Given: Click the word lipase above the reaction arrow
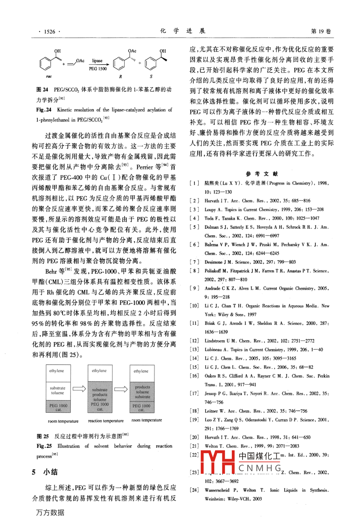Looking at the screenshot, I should (x=98, y=61).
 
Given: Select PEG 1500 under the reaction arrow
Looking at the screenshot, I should (x=98, y=69).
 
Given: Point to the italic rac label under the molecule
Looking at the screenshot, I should (x=49, y=76).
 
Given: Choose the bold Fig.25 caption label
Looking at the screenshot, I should (x=44, y=446).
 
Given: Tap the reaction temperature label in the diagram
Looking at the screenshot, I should (x=106, y=420).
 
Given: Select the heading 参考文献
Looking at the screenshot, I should (x=262, y=174).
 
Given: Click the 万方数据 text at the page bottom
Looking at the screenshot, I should (x=50, y=512).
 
